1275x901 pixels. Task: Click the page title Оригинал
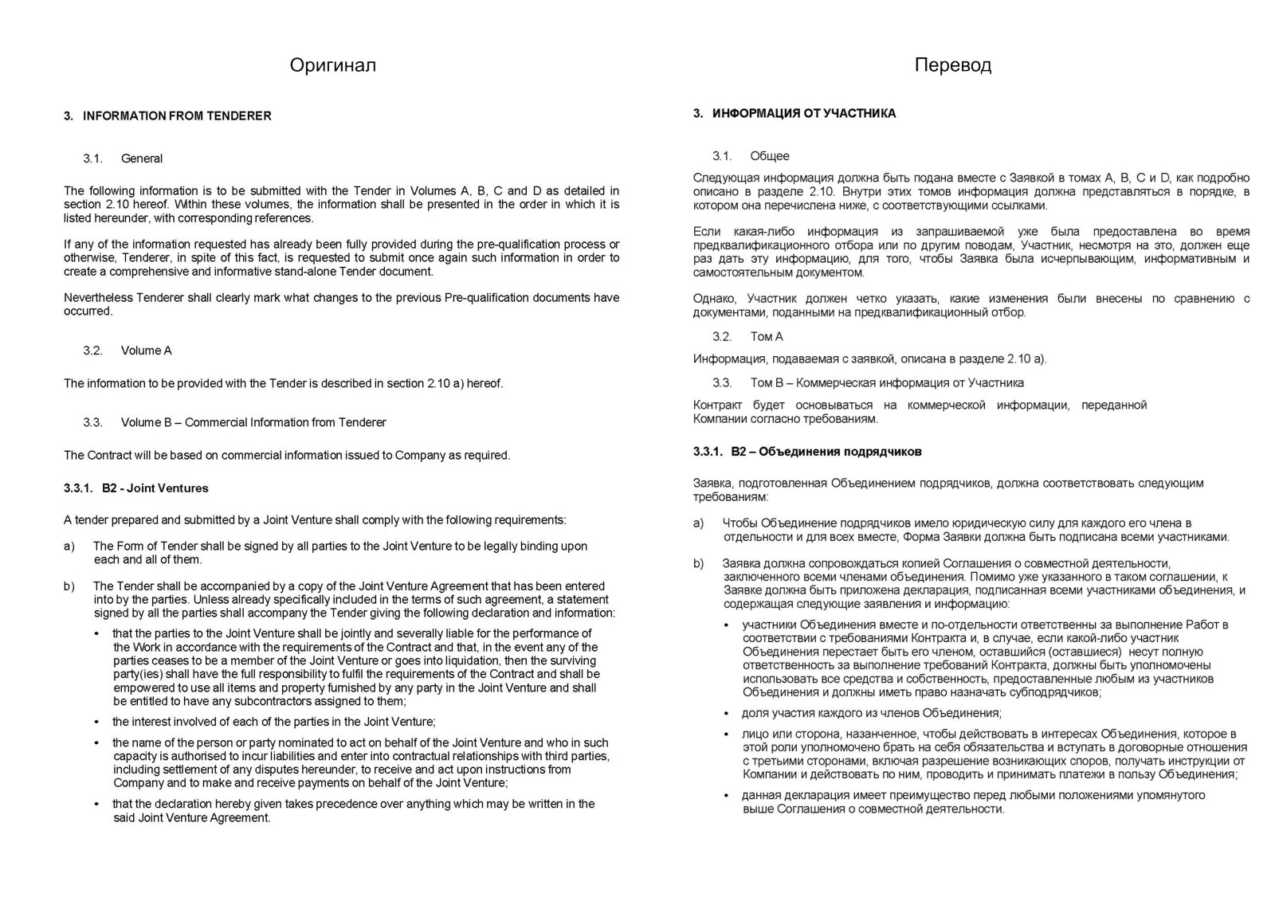[x=332, y=65]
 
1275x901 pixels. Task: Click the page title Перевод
[x=952, y=65]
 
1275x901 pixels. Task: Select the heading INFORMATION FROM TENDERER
[x=177, y=116]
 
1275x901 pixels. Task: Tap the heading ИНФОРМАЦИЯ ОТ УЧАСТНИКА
[x=804, y=114]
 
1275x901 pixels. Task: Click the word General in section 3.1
[x=142, y=159]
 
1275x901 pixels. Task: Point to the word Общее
[x=770, y=156]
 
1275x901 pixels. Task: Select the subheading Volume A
[x=147, y=351]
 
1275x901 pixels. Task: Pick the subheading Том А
[x=767, y=337]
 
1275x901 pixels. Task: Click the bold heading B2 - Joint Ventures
[x=155, y=488]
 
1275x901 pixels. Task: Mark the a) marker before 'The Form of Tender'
[x=69, y=546]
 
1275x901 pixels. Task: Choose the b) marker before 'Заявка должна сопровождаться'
[x=699, y=563]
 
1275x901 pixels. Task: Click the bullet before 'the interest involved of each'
[x=97, y=723]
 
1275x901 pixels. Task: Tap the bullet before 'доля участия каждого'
[x=726, y=714]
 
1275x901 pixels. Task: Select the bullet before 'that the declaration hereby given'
[x=97, y=805]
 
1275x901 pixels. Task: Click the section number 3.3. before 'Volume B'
[x=92, y=423]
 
